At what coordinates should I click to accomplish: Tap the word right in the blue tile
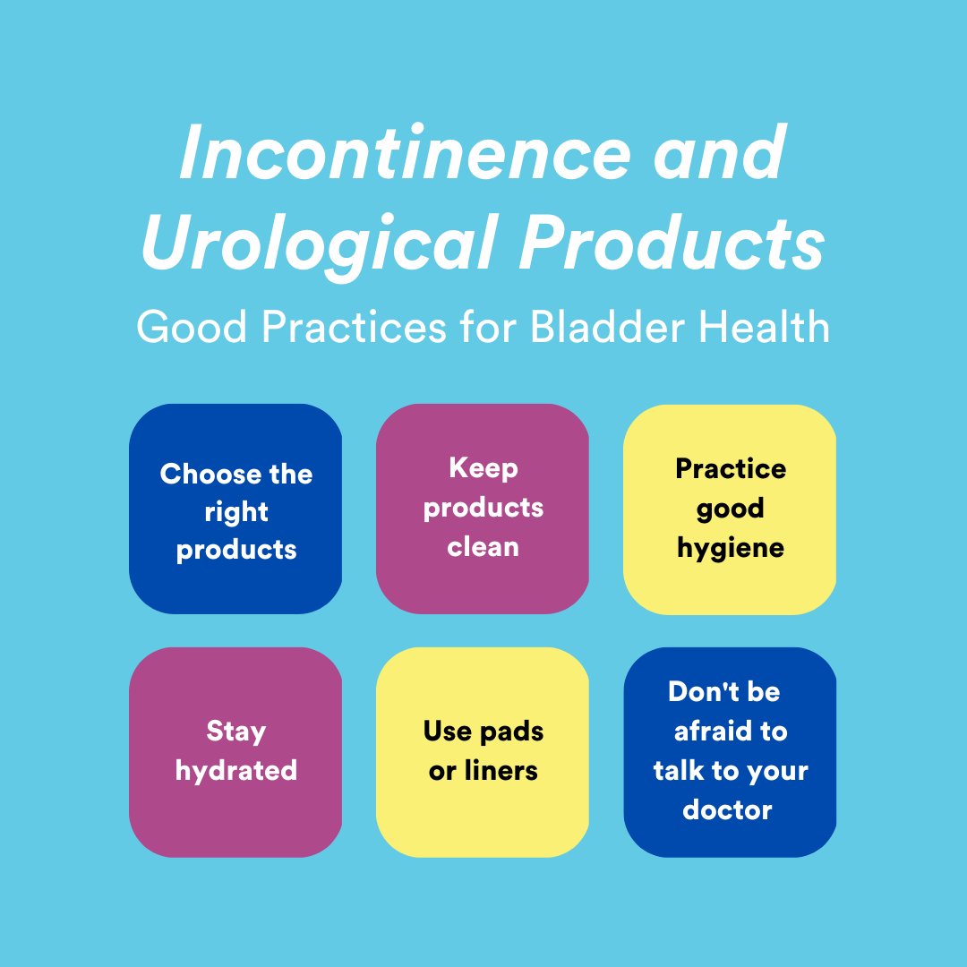click(236, 513)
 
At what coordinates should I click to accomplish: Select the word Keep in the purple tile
click(483, 467)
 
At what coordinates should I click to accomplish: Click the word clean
click(483, 546)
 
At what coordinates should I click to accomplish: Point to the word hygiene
click(731, 548)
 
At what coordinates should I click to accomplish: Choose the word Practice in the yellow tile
click(731, 468)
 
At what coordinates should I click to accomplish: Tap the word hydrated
click(236, 770)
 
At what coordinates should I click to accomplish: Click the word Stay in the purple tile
click(236, 731)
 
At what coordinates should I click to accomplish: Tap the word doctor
click(727, 809)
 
